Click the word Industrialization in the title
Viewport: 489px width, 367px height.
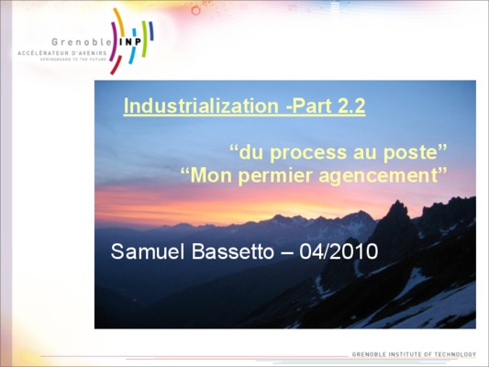(x=201, y=106)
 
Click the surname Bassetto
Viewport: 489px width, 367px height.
(x=233, y=251)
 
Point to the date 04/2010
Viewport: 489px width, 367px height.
(x=339, y=251)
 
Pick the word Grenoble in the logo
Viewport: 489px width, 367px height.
(x=81, y=42)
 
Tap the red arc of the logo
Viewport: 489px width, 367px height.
(x=116, y=65)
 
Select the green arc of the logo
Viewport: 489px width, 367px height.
(x=144, y=39)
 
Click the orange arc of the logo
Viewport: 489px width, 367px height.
(x=119, y=21)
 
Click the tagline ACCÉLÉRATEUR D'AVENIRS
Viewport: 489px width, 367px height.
(x=62, y=53)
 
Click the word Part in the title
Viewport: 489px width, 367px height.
(x=308, y=106)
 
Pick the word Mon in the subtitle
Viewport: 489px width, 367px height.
(x=211, y=175)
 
